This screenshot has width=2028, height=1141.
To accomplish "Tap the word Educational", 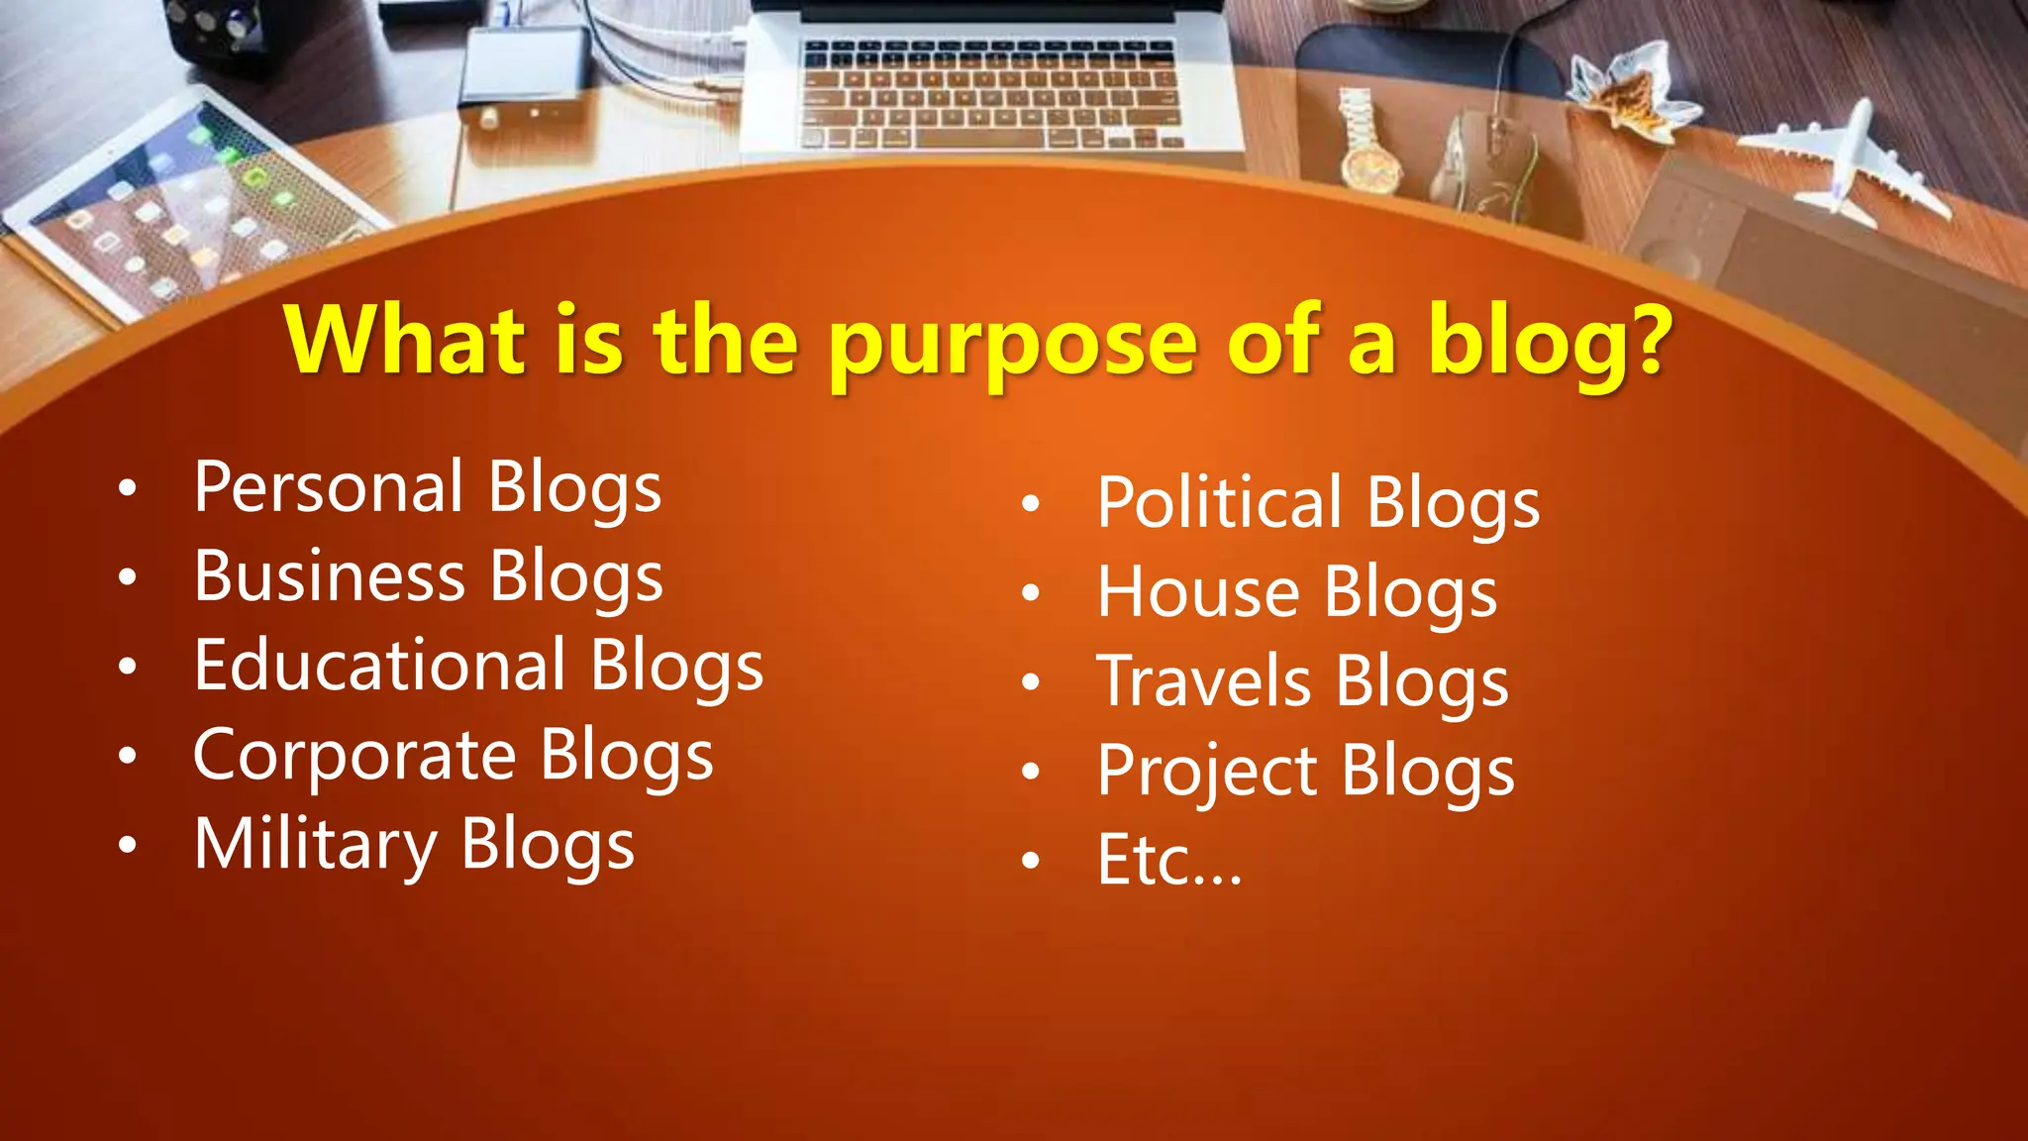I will click(380, 666).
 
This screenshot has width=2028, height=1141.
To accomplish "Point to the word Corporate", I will click(355, 756).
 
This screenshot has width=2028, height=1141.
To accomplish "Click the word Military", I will click(316, 845).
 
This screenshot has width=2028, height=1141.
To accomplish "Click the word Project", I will click(1207, 772).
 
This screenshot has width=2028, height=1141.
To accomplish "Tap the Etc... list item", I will click(1169, 860).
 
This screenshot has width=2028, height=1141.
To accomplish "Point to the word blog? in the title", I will click(1549, 342).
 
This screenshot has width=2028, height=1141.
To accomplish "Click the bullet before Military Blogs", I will click(127, 846).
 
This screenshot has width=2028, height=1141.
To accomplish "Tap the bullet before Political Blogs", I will click(1031, 504).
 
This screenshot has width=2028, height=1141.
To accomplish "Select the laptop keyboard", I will click(990, 94).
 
